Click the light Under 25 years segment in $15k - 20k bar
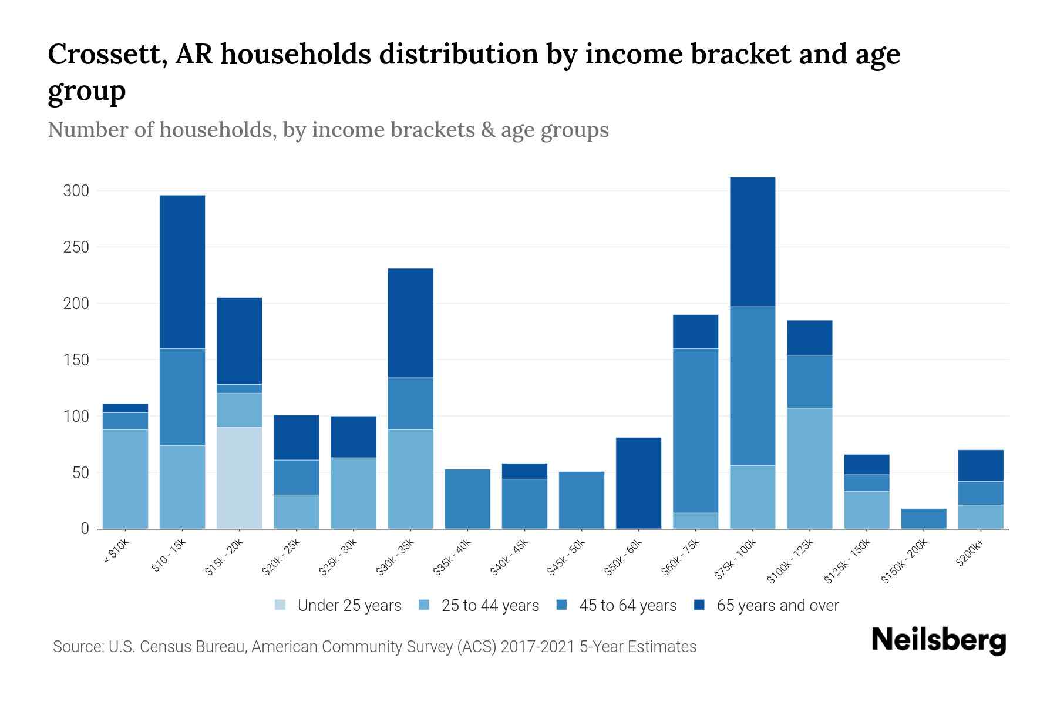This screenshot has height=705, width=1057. tap(240, 478)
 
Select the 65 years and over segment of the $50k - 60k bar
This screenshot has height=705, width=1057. tap(638, 483)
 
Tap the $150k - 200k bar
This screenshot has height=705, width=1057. tap(924, 518)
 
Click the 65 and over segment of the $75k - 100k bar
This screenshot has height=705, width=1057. tap(752, 241)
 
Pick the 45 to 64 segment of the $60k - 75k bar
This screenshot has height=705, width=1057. tap(695, 430)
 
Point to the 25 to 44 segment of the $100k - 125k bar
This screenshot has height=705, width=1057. tap(809, 468)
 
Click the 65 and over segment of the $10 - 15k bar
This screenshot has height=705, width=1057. tap(183, 271)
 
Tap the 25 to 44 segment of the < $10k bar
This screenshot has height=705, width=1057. tap(125, 479)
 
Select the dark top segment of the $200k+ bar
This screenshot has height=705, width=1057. tap(981, 465)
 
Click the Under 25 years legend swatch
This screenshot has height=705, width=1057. tap(281, 605)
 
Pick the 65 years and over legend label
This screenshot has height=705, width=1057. tap(777, 606)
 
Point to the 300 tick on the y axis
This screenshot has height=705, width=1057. tap(76, 191)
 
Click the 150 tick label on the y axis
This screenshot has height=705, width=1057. tap(76, 360)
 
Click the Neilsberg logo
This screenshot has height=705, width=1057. tap(938, 640)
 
